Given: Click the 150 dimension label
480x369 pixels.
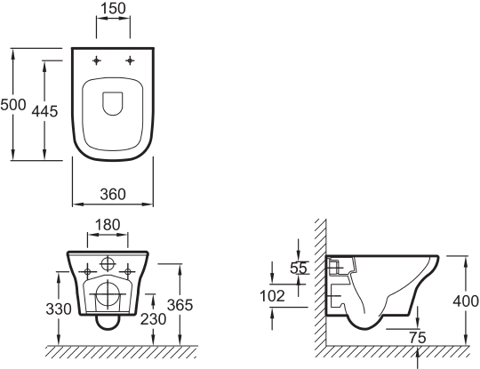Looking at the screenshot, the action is click(x=113, y=8).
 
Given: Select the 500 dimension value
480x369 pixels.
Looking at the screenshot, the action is click(x=13, y=105).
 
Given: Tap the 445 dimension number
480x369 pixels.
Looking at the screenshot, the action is click(x=44, y=111).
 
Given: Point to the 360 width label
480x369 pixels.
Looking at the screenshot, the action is click(x=113, y=194).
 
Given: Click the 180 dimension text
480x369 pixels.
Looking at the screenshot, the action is click(x=108, y=225).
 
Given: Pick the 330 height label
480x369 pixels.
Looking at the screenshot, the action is click(x=59, y=309).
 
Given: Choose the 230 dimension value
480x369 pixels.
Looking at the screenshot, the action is click(x=153, y=319).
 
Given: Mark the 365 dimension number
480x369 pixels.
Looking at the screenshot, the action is click(x=180, y=305).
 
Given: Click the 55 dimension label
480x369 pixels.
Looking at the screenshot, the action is click(x=298, y=269).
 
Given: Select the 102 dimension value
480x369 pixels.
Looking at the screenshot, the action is click(x=272, y=296).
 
